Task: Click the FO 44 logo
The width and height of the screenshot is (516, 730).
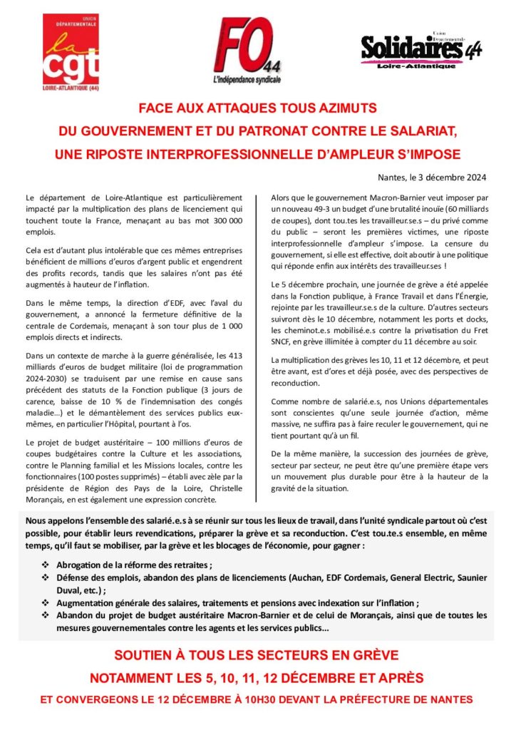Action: point(247,48)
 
